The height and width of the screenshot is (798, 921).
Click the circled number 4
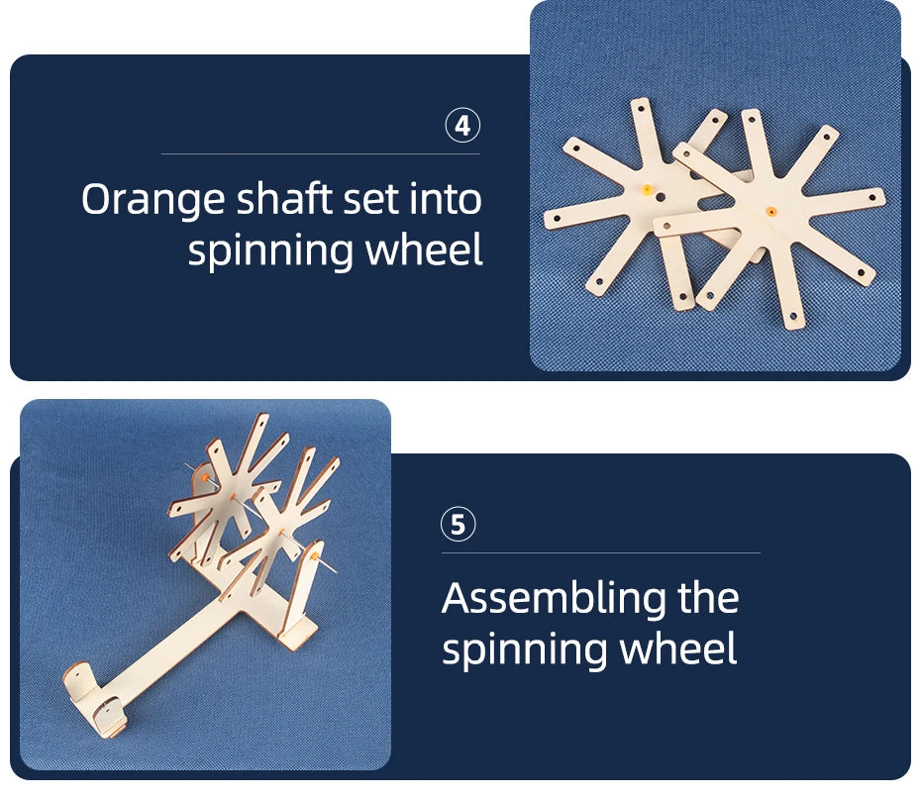click(462, 125)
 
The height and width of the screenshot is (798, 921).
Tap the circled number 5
click(459, 524)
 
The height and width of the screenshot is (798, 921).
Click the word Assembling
click(554, 600)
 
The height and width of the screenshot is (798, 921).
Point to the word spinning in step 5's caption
click(525, 651)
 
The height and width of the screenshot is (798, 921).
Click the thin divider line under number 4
click(321, 153)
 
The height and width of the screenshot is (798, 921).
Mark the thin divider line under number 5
click(601, 552)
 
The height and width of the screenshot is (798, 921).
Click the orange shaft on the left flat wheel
click(647, 190)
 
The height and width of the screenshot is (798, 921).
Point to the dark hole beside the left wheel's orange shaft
click(662, 197)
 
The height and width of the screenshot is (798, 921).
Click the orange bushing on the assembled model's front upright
click(316, 555)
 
